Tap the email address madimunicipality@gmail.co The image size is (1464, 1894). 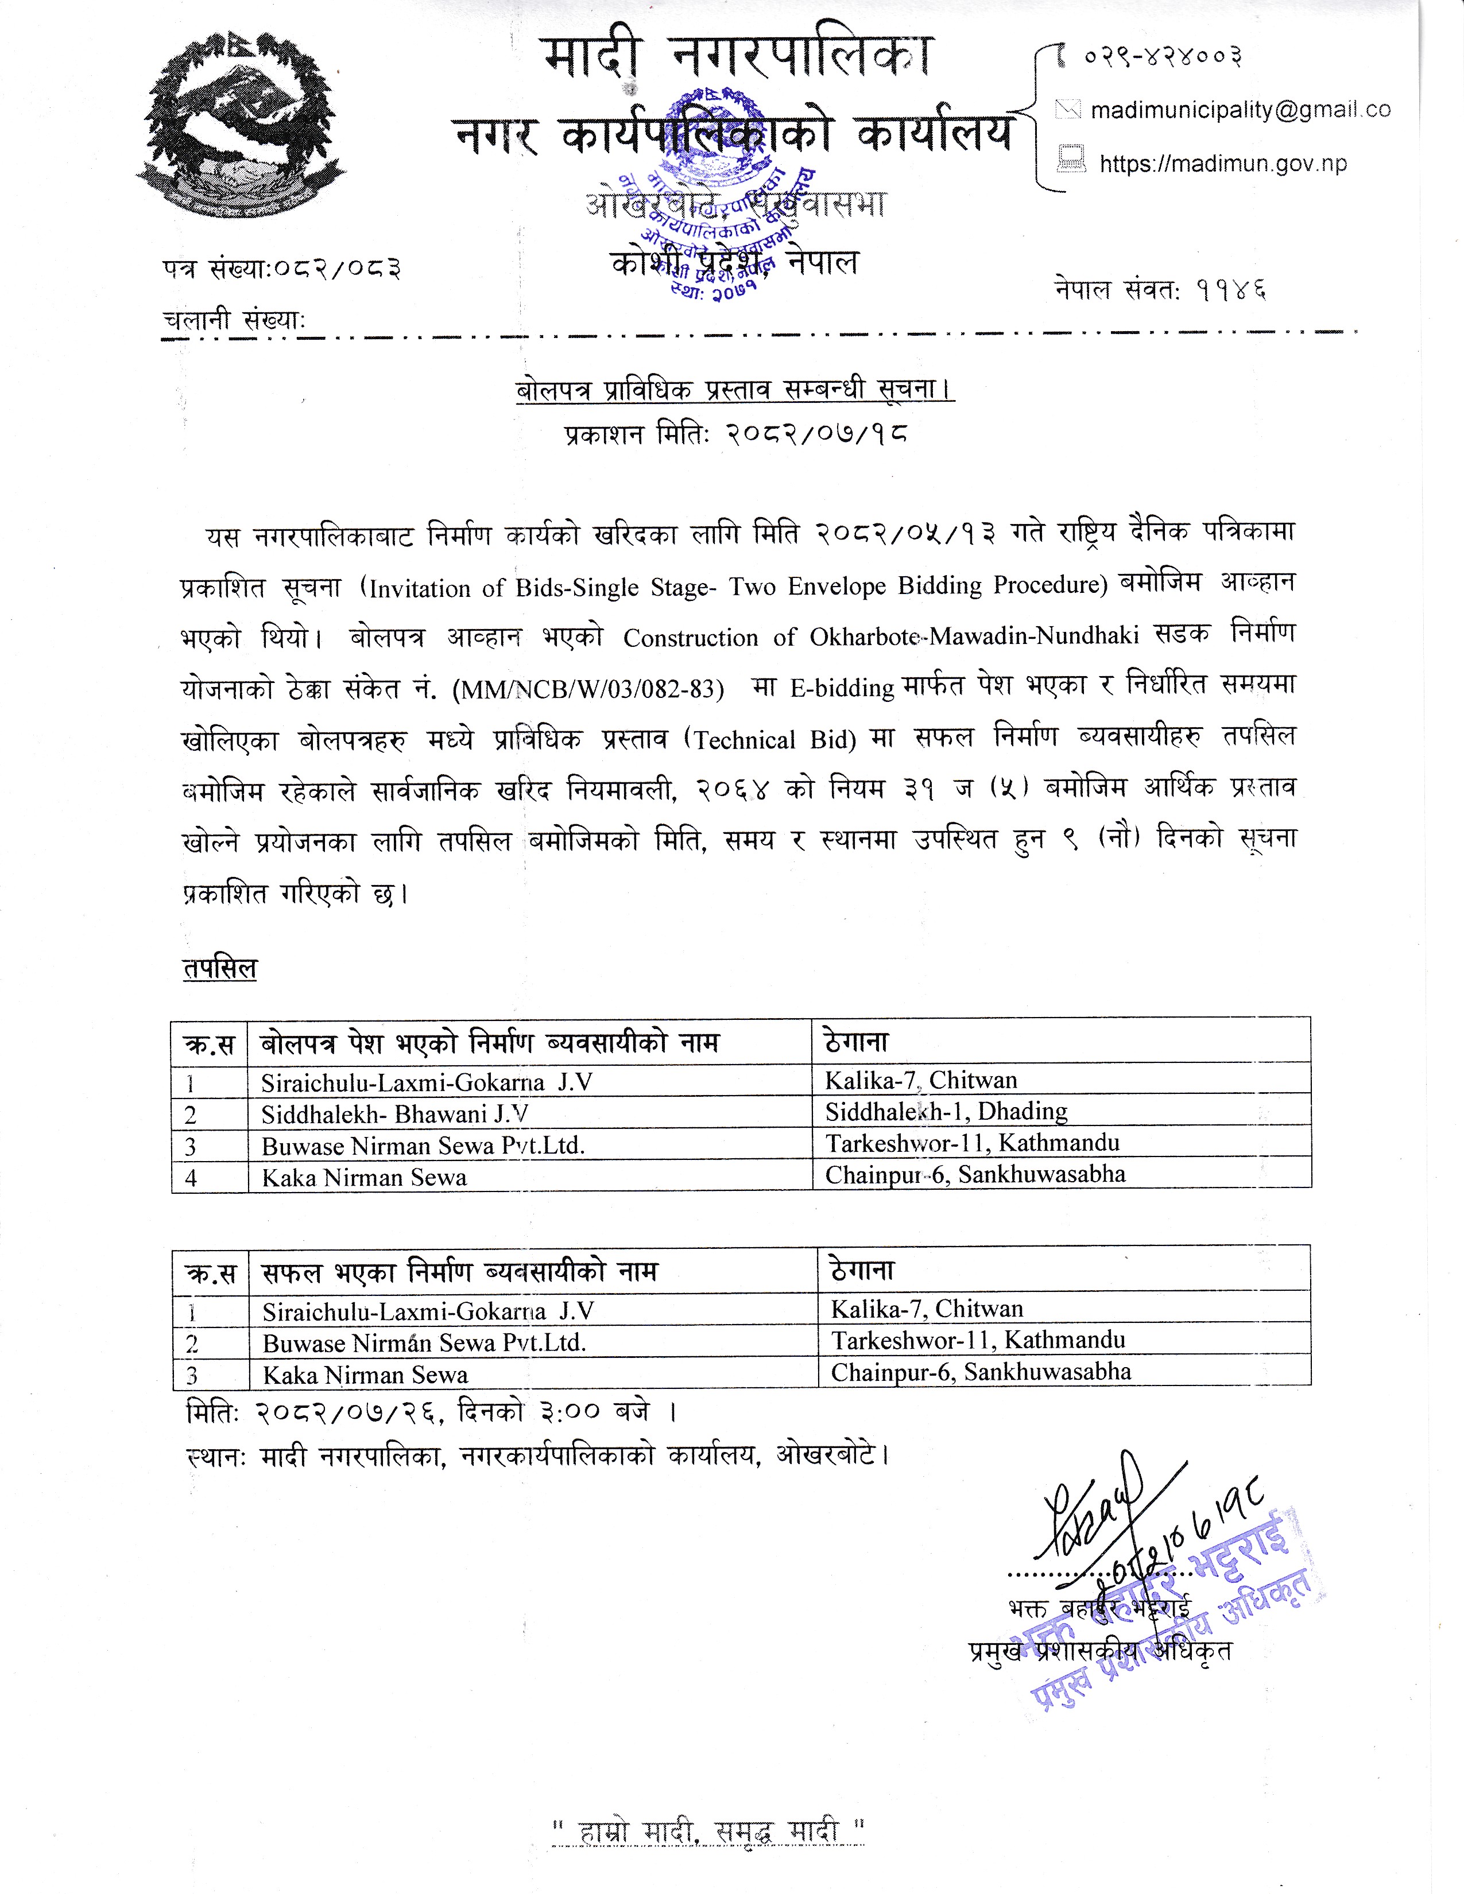[x=1240, y=110]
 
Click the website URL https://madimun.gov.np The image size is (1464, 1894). [x=1223, y=164]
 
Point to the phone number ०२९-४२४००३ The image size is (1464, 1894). [x=1162, y=57]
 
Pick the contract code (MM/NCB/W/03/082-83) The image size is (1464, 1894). [x=588, y=689]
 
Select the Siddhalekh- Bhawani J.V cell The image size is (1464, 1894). [x=394, y=1113]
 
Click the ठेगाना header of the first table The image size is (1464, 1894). [x=857, y=1042]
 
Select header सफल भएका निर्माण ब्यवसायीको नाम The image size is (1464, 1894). [x=460, y=1272]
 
